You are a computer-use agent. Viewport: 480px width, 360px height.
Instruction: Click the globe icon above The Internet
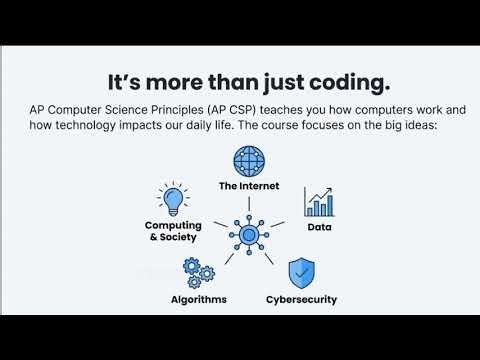[x=248, y=162]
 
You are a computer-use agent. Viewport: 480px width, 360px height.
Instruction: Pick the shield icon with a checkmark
[x=301, y=273]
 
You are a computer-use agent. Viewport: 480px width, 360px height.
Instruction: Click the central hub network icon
[x=248, y=233]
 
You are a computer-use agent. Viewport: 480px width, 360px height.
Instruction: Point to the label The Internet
[x=248, y=186]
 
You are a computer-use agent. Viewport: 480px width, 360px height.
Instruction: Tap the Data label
[x=320, y=227]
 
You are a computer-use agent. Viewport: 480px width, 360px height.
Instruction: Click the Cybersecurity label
[x=301, y=299]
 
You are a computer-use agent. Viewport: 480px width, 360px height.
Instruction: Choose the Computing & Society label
[x=173, y=232]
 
